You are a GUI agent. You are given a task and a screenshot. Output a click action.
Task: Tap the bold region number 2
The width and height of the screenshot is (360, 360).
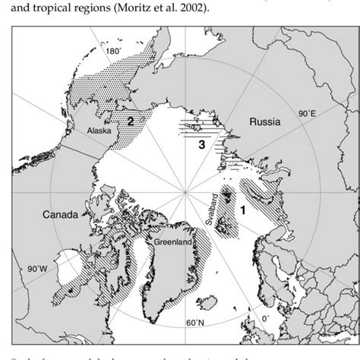pos(131,120)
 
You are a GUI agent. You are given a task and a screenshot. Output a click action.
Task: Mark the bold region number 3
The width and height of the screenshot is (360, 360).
pos(201,144)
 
